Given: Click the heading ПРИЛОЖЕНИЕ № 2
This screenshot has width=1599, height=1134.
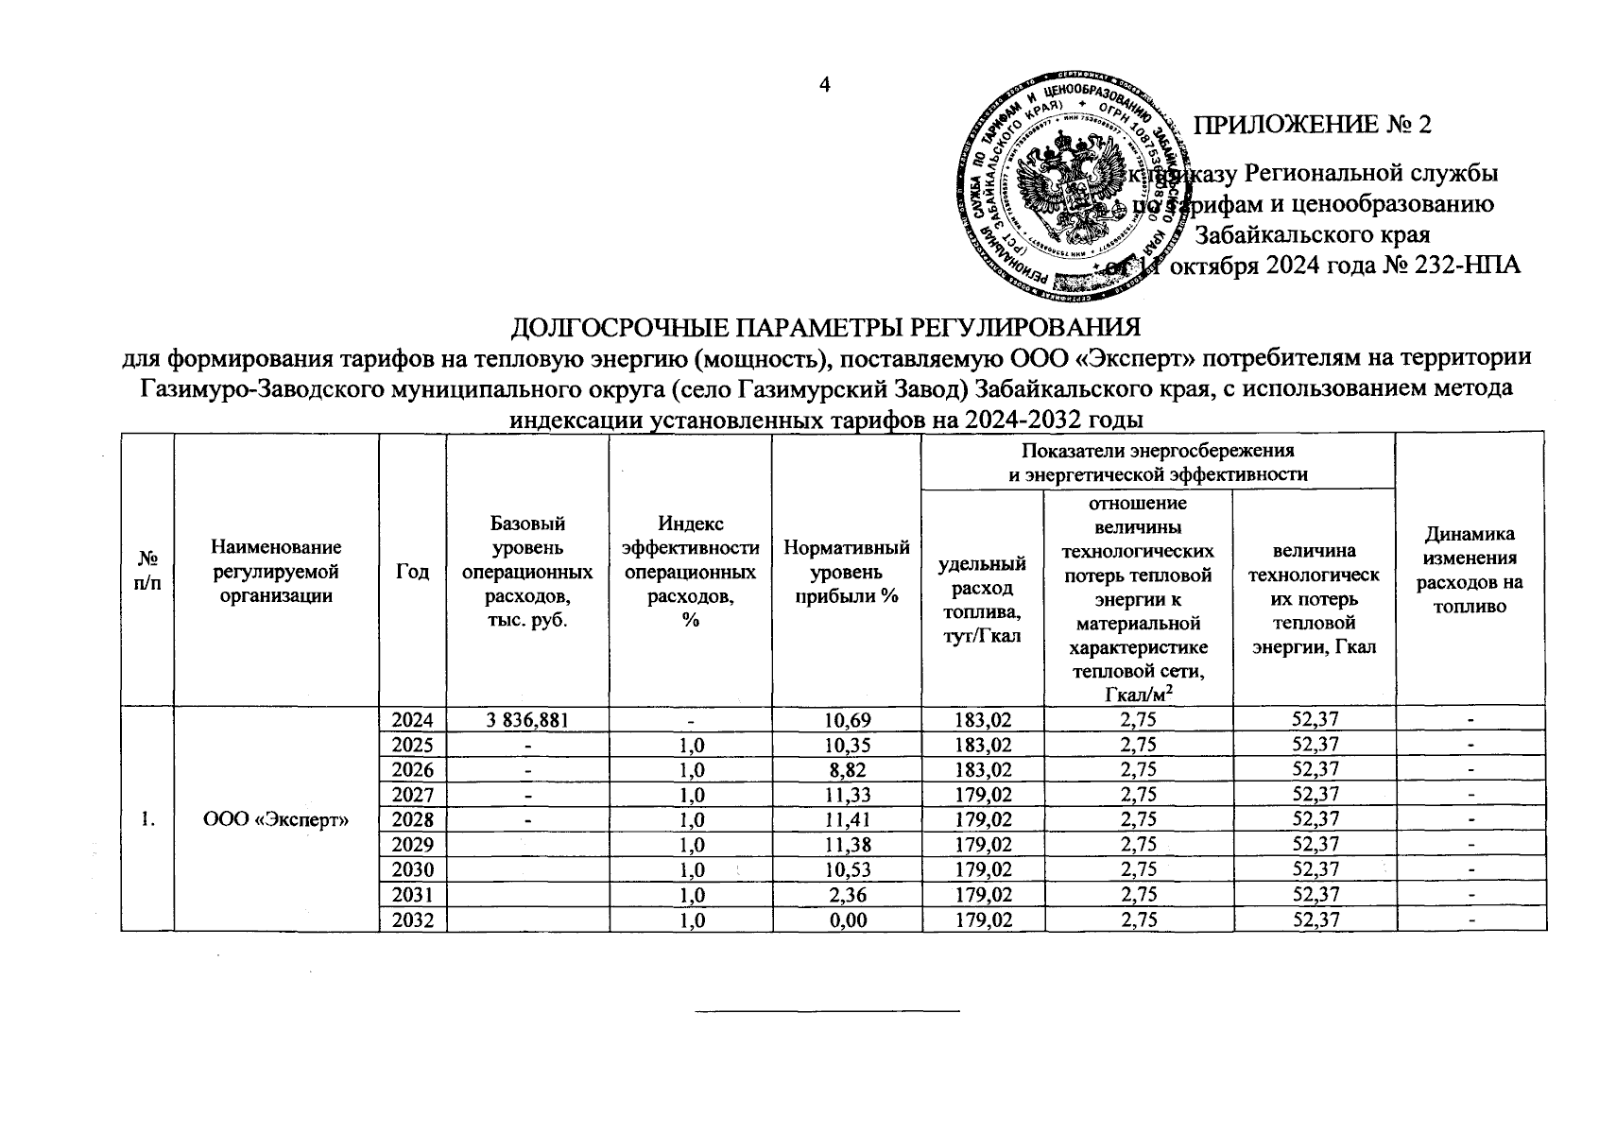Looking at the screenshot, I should coord(1314,126).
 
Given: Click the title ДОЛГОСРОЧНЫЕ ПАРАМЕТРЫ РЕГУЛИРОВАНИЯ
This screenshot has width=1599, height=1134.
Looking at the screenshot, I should coord(825,328).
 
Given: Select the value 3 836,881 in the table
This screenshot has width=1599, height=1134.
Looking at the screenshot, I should coord(527,720).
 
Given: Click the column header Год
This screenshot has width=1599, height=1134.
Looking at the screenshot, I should coord(412,572).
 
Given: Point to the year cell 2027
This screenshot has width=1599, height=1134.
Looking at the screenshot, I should coord(412,794).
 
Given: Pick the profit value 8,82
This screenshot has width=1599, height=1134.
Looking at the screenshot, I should coord(847,769).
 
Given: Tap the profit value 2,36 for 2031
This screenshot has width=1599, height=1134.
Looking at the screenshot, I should coord(847,894).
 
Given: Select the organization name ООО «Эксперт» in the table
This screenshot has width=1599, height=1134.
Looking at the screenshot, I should coord(277,818).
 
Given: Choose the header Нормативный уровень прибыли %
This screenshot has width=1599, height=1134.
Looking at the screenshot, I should coord(847,572).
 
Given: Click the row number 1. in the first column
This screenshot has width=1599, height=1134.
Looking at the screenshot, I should coord(147,818).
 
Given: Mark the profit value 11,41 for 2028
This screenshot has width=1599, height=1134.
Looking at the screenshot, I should coord(847,818).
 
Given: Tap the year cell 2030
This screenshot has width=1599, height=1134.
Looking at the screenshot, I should coord(412,869).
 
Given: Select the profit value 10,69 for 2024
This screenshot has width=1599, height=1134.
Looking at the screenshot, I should coord(847,720).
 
